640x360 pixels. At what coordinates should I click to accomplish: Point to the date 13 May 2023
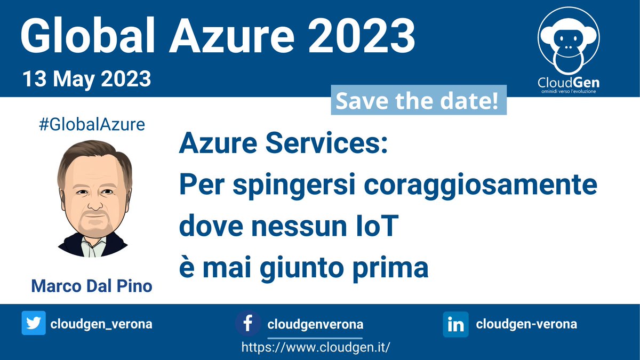(x=87, y=79)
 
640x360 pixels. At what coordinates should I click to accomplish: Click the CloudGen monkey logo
(x=569, y=43)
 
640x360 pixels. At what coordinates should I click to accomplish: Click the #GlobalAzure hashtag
(x=92, y=125)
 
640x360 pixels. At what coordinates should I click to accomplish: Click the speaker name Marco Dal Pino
(x=92, y=285)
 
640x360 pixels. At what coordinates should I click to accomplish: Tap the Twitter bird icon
(x=34, y=324)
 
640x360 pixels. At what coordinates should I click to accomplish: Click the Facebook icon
(x=248, y=324)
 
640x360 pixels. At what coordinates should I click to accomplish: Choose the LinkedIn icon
(x=455, y=324)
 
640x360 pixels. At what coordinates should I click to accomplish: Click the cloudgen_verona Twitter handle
(x=101, y=324)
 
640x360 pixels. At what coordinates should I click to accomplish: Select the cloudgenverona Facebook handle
(x=315, y=324)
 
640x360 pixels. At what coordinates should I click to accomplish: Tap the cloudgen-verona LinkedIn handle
(x=526, y=324)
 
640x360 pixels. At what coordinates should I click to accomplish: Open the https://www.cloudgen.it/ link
(x=316, y=347)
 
